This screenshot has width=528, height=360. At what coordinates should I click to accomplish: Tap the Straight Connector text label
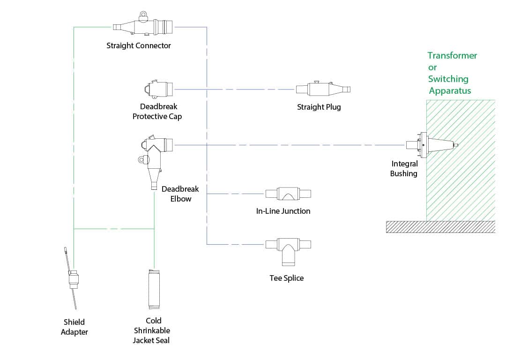[138, 46]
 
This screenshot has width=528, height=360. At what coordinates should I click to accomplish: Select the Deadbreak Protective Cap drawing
[158, 89]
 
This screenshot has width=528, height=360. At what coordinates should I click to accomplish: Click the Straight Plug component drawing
[323, 89]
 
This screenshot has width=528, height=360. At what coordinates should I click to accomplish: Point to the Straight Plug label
[319, 107]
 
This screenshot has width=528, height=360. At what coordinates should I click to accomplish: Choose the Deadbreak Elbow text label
[180, 194]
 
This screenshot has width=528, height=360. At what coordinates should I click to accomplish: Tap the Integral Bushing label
[404, 168]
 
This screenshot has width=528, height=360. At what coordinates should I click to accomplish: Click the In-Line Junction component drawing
[288, 194]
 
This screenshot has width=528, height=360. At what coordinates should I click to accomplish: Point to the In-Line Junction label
[283, 211]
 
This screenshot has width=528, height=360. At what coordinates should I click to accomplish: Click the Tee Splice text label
[287, 278]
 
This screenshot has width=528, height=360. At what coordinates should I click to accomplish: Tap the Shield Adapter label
[74, 327]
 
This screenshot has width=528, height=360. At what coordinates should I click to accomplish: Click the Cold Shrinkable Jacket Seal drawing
[154, 289]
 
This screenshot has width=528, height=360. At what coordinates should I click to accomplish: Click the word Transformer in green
[452, 56]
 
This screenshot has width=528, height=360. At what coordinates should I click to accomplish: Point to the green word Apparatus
[450, 91]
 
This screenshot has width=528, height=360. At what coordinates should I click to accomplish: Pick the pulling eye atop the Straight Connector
[143, 15]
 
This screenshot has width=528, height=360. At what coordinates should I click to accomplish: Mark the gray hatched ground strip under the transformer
[440, 227]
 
